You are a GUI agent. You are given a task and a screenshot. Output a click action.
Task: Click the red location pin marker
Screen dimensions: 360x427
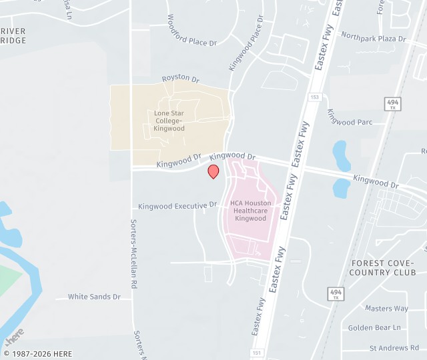pos(213,171)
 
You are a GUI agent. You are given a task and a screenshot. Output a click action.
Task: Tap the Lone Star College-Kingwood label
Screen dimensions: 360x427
pos(169,121)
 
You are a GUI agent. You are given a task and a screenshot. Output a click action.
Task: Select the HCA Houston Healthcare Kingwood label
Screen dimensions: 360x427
pos(250,211)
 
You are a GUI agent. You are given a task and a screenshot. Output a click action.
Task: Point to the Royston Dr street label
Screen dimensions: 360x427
pos(180,79)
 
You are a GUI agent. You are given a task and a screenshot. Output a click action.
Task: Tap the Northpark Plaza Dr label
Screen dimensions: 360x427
pos(373,38)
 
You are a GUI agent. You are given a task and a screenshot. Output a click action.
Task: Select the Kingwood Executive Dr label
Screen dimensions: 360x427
pos(178,205)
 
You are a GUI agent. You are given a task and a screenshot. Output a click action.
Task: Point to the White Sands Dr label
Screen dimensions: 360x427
pos(94,297)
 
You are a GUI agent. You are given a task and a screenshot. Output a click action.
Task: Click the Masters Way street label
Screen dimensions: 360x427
pos(386,308)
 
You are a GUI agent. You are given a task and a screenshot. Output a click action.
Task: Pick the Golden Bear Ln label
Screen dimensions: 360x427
pos(374,327)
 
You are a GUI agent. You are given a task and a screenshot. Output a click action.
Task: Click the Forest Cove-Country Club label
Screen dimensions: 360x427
pos(383,268)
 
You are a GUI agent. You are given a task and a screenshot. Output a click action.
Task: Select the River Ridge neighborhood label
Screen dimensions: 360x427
pos(13,36)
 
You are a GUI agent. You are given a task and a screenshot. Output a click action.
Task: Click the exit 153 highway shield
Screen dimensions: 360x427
pos(315,97)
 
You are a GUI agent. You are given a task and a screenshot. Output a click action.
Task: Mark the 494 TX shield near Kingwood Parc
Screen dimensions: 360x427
pos(392,104)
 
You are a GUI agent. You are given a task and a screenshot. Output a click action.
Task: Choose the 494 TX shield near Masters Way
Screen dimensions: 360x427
pos(336,294)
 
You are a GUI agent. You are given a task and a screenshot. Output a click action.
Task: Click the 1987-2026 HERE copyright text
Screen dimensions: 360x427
pos(38,354)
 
